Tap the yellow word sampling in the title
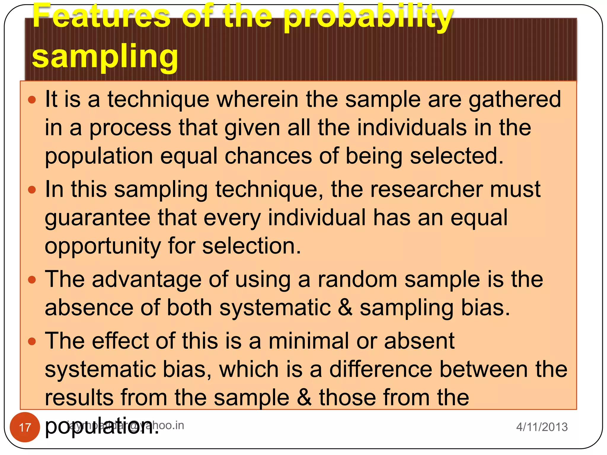coord(105,56)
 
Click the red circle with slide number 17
coord(25,427)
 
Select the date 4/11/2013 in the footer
coord(542,427)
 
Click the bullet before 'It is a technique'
coord(32,100)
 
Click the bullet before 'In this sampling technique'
coord(32,190)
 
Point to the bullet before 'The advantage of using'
coord(32,280)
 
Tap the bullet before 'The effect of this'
coord(32,341)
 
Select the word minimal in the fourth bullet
coord(309,341)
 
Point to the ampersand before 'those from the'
coord(304,398)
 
